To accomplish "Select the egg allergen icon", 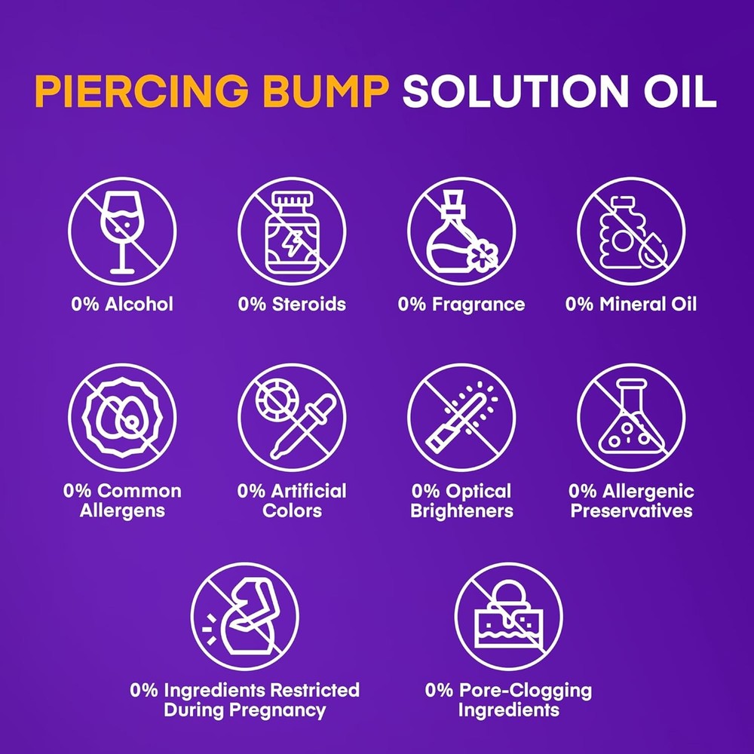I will pyautogui.click(x=121, y=417).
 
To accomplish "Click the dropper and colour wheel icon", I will pyautogui.click(x=292, y=417).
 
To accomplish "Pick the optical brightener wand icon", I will pyautogui.click(x=461, y=417).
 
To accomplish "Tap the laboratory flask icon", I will pyautogui.click(x=631, y=417).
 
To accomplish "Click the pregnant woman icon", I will pyautogui.click(x=244, y=616).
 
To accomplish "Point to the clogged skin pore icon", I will pyautogui.click(x=508, y=616).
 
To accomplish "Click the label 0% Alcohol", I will pyautogui.click(x=121, y=305).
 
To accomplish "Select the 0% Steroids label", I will pyautogui.click(x=292, y=305).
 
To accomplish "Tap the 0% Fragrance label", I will pyautogui.click(x=461, y=305).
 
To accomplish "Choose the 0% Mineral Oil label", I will pyautogui.click(x=631, y=305).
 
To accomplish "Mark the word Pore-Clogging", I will pyautogui.click(x=527, y=690).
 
